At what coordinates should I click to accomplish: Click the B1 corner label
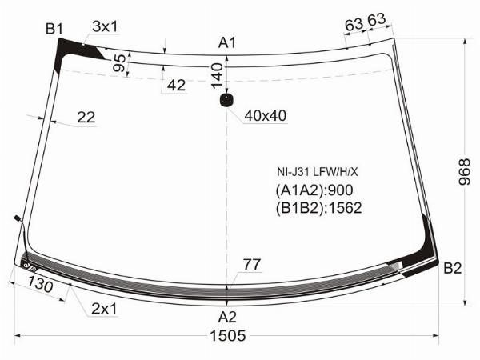point(54,30)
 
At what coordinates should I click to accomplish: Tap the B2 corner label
point(453,268)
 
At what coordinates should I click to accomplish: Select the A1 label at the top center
point(228,42)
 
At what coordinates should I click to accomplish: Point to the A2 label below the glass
point(228,315)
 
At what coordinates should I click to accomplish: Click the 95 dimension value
point(120,64)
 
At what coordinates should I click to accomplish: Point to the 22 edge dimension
point(86,118)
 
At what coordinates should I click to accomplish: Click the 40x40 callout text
point(266,115)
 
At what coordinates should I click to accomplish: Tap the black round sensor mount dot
point(227,100)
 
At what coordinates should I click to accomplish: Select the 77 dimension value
point(252,264)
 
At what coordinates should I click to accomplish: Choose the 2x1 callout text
point(104,309)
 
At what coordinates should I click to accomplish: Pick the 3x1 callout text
point(105,26)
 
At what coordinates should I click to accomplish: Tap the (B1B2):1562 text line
point(318,208)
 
